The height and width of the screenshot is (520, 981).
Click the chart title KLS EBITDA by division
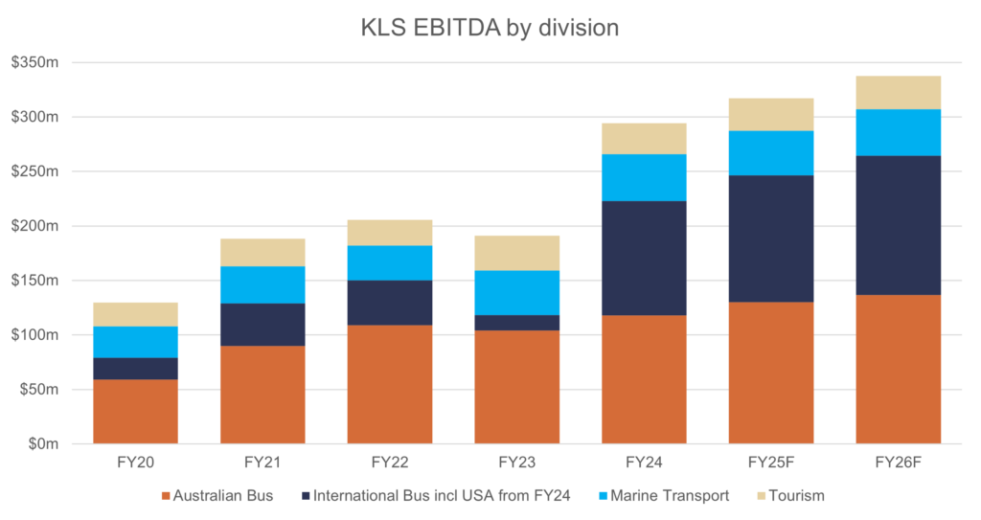pyautogui.click(x=490, y=28)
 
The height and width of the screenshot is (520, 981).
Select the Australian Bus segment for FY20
pyautogui.click(x=136, y=412)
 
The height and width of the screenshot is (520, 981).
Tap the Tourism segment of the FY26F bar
pyautogui.click(x=899, y=92)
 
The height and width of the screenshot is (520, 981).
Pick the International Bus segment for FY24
pyautogui.click(x=644, y=258)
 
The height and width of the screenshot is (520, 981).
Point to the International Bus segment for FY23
pyautogui.click(x=517, y=323)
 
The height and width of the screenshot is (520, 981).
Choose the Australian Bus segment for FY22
pyautogui.click(x=390, y=384)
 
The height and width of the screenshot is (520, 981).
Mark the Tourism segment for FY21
pyautogui.click(x=262, y=252)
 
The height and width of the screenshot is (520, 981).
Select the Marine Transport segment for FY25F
pyautogui.click(x=771, y=153)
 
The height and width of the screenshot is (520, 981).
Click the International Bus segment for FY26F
pyautogui.click(x=899, y=225)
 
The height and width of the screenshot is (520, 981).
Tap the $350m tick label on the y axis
pyautogui.click(x=34, y=63)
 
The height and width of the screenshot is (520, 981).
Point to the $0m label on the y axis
pyautogui.click(x=40, y=444)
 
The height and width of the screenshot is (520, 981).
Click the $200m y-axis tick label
pyautogui.click(x=34, y=227)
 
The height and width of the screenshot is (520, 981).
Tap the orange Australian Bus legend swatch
pyautogui.click(x=165, y=496)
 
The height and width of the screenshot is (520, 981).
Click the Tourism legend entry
pyautogui.click(x=794, y=496)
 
